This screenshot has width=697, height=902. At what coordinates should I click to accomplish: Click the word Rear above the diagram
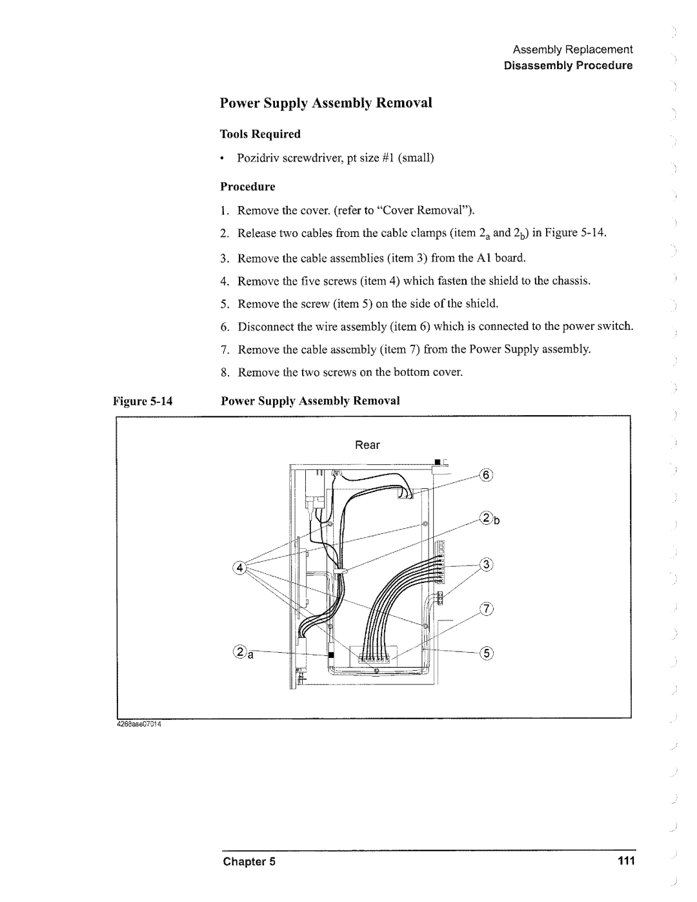pyautogui.click(x=367, y=446)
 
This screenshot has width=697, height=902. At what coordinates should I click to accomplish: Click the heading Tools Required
pyautogui.click(x=261, y=134)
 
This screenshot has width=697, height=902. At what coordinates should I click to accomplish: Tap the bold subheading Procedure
pyautogui.click(x=248, y=187)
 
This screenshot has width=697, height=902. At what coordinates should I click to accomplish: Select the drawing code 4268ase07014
pyautogui.click(x=138, y=723)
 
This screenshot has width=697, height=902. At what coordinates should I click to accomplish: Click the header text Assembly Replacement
pyautogui.click(x=573, y=50)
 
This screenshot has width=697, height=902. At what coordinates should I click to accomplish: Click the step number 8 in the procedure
pyautogui.click(x=224, y=373)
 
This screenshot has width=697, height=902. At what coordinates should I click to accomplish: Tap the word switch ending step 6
pyautogui.click(x=619, y=327)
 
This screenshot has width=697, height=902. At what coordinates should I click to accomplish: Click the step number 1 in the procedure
pyautogui.click(x=223, y=210)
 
